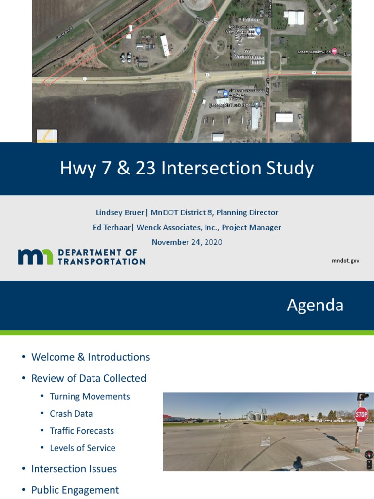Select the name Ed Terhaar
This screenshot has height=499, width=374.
click(x=112, y=227)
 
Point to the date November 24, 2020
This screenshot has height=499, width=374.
click(x=187, y=242)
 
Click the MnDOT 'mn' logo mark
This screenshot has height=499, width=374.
click(x=35, y=257)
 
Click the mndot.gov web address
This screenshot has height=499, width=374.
click(x=345, y=261)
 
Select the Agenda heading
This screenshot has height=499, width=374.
click(x=315, y=305)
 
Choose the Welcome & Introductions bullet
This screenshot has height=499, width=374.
click(x=90, y=357)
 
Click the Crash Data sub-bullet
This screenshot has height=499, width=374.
click(x=71, y=414)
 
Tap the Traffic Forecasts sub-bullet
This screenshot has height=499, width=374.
click(x=82, y=431)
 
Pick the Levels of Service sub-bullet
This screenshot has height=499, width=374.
click(x=82, y=448)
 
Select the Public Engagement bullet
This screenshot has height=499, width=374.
click(x=75, y=490)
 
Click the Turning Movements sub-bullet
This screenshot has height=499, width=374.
click(x=90, y=397)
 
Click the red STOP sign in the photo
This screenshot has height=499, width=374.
click(x=361, y=415)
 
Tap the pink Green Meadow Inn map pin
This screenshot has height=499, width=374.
click(x=334, y=51)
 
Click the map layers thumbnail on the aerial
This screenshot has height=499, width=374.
click(x=47, y=136)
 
